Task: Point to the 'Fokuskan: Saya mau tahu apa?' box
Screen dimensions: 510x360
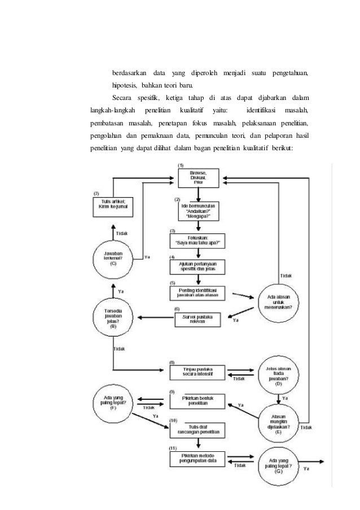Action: click(197, 241)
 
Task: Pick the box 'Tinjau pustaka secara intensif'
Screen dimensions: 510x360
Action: click(197, 373)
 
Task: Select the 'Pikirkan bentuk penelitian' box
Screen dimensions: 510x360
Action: click(197, 401)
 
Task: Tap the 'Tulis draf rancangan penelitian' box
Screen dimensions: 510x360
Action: click(197, 430)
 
